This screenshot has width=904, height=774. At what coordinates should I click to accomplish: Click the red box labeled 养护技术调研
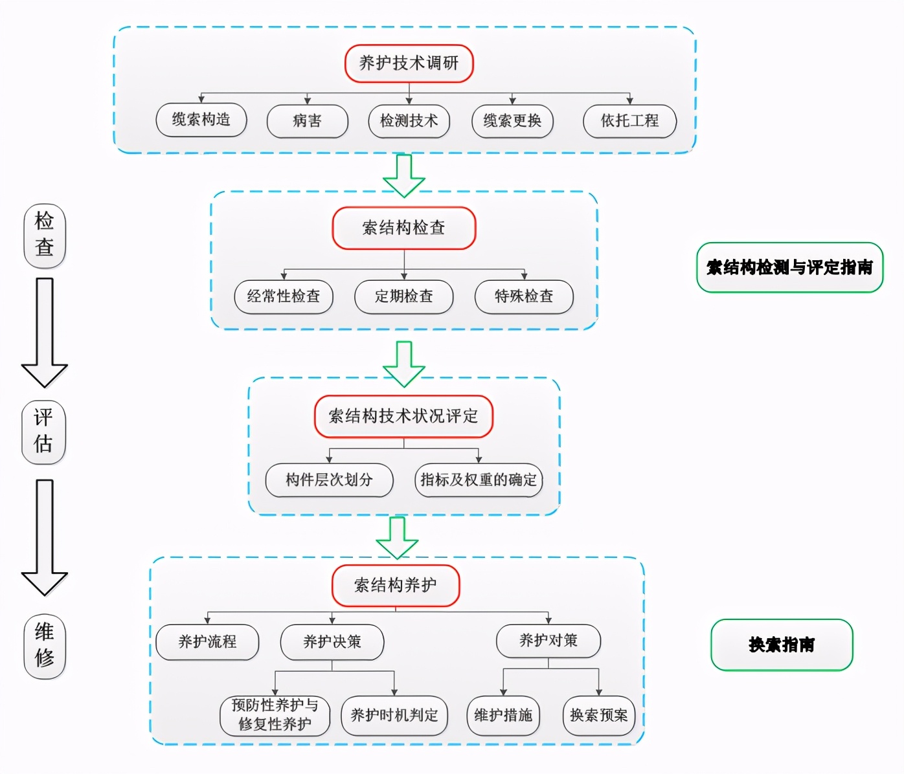click(409, 63)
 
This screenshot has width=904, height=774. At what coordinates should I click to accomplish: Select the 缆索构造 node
click(201, 120)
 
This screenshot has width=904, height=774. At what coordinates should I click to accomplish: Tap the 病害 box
click(307, 121)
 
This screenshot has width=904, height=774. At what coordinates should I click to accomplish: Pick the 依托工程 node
click(629, 121)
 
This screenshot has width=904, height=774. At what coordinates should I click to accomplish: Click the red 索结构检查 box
click(403, 228)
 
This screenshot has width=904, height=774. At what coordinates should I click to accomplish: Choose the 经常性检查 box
click(284, 296)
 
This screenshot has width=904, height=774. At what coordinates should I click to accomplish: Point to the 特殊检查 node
click(524, 296)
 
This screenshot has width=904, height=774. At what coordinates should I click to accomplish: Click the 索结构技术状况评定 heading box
click(403, 416)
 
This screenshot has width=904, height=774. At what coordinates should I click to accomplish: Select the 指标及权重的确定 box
click(479, 480)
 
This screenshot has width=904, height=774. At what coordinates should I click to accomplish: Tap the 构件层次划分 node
click(329, 480)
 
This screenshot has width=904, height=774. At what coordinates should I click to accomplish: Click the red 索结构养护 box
click(396, 586)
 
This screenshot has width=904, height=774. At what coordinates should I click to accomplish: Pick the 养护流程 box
click(207, 642)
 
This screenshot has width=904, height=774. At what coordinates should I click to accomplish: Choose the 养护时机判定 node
click(394, 715)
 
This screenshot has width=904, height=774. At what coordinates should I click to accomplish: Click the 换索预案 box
click(599, 715)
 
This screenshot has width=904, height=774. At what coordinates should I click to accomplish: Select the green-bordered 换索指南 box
click(782, 645)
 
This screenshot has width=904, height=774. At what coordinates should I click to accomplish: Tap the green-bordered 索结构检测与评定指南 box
click(789, 267)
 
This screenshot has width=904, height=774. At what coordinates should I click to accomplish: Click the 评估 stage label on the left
click(44, 431)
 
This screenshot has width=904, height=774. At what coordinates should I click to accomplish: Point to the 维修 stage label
click(45, 645)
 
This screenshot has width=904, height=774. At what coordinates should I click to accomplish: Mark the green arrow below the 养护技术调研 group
click(404, 175)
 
